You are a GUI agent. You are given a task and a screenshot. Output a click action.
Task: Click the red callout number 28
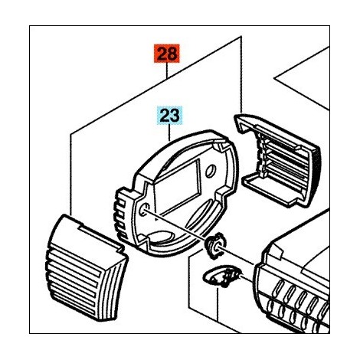(x=166, y=54)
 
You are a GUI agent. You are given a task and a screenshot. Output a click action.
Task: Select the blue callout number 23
(x=170, y=116)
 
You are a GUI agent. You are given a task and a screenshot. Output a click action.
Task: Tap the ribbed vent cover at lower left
(x=87, y=268)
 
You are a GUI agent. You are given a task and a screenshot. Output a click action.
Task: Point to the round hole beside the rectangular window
(x=210, y=171)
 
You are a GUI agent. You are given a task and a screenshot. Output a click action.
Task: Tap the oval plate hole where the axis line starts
(x=145, y=209)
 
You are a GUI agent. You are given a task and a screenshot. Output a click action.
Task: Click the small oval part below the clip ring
(x=221, y=277)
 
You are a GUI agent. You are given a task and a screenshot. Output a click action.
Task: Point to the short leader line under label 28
(x=166, y=70)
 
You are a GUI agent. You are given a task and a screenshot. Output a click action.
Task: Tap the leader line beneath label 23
(x=170, y=133)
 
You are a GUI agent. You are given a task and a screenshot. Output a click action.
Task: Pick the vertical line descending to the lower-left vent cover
(x=70, y=175)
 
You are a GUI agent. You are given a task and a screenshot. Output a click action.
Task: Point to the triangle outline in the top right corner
(x=302, y=78)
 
